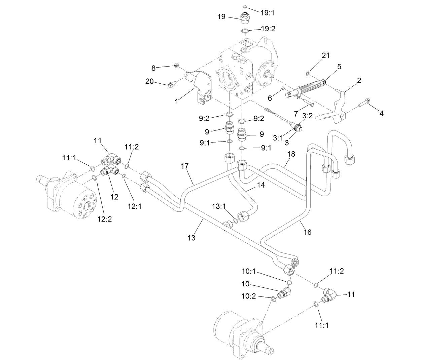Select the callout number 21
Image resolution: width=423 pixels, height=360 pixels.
click(326, 55)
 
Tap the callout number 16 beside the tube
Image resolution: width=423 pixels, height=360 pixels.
click(307, 232)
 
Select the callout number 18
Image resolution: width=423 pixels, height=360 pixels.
click(291, 154)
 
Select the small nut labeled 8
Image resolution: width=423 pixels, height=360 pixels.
click(176, 65)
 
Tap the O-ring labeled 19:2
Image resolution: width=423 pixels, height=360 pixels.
click(245, 32)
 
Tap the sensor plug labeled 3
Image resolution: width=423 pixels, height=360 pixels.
click(297, 127)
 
